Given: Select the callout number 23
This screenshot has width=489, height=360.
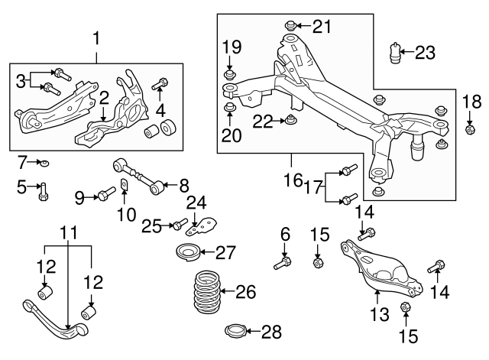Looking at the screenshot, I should click(x=424, y=53).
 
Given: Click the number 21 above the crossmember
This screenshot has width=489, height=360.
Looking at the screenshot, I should click(x=322, y=27).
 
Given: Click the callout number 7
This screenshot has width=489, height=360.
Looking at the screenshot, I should click(x=23, y=161).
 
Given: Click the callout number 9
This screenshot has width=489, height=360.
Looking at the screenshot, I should click(x=79, y=198).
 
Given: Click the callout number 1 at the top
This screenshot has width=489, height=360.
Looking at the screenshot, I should click(x=97, y=36).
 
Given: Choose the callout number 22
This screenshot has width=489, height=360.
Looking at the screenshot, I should click(x=263, y=121).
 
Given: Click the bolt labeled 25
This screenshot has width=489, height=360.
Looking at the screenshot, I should click(x=178, y=225).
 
